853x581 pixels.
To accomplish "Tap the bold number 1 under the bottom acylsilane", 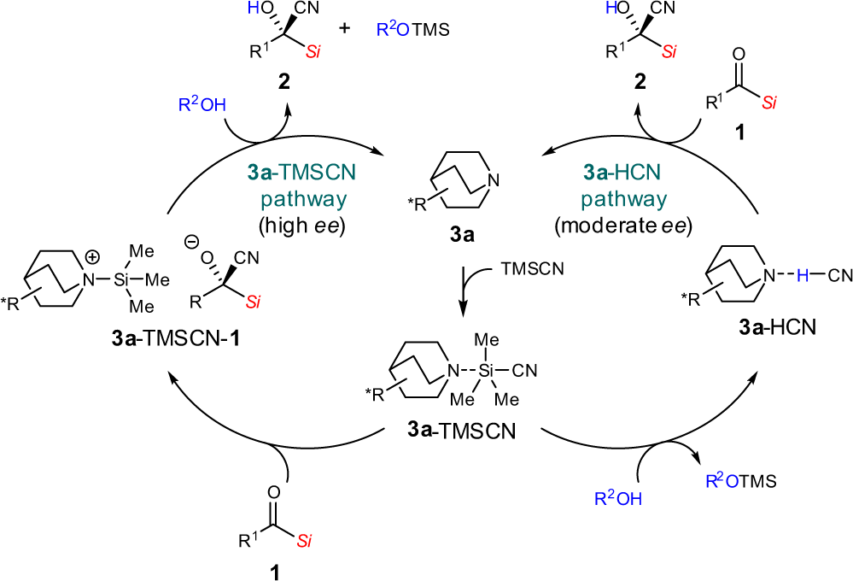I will point(274,567).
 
